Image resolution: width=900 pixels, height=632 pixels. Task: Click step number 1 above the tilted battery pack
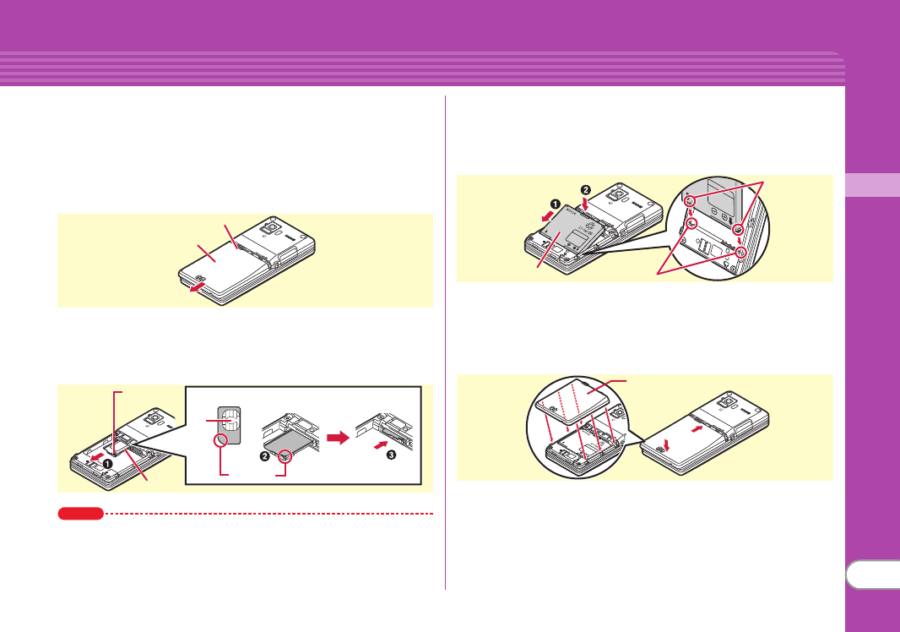(x=555, y=204)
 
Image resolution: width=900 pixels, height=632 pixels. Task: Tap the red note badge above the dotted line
(x=80, y=513)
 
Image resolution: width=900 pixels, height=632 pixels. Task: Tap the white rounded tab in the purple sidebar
(x=872, y=577)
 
